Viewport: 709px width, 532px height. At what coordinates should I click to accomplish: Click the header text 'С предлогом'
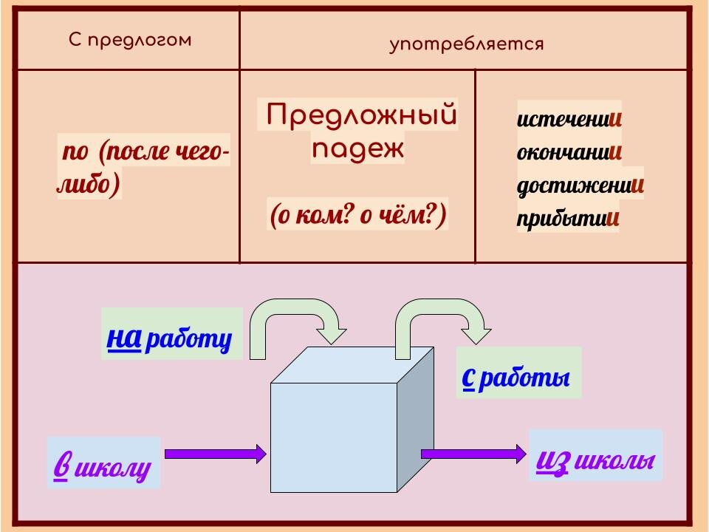[130, 40]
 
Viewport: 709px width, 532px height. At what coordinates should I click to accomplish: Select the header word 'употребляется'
[466, 44]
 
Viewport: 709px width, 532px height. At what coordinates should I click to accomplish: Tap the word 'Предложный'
[361, 115]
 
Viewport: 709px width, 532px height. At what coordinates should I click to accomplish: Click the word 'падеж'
[358, 149]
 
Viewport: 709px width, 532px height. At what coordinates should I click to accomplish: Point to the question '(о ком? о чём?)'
[358, 216]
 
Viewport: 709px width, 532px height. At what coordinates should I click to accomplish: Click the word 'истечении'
[569, 118]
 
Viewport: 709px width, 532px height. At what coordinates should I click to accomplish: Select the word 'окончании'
[569, 152]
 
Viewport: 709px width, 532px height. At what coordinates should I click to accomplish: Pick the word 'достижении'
[580, 185]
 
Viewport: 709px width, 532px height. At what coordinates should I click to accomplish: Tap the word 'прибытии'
[567, 219]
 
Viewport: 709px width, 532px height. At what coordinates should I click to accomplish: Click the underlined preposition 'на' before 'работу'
[124, 337]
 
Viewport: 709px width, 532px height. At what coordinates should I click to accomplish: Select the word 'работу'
[189, 340]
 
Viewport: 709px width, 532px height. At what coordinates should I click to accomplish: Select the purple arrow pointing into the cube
[214, 453]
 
